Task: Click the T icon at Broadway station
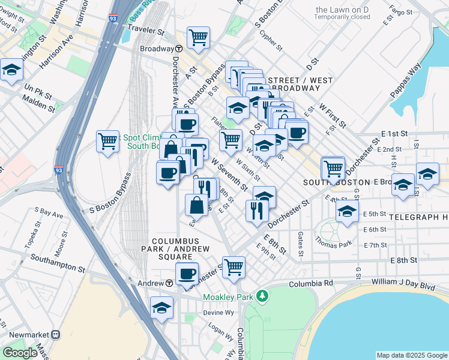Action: point(179,49)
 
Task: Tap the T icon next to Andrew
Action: point(169,283)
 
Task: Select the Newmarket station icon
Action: point(55,334)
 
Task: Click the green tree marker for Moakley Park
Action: point(261,296)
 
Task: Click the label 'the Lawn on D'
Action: point(343,10)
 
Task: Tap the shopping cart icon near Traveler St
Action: point(197,37)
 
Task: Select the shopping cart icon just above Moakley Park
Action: point(234,267)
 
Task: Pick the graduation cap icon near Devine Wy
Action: point(161,307)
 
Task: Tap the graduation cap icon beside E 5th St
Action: point(347,212)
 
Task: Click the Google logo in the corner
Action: point(20,353)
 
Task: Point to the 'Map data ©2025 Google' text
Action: point(411,355)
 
